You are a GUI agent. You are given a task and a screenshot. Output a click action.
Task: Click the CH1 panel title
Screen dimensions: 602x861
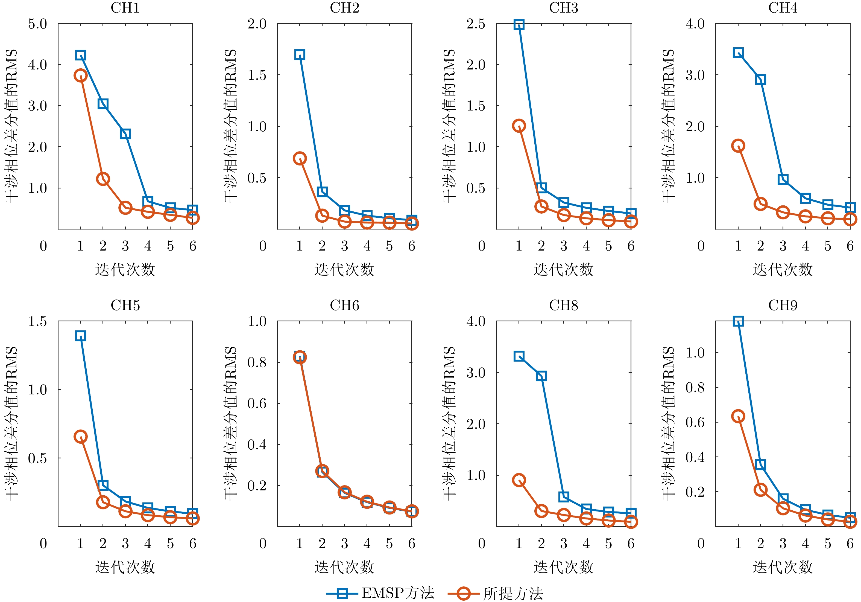point(125,8)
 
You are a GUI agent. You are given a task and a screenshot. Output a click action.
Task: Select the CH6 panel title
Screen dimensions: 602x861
point(344,306)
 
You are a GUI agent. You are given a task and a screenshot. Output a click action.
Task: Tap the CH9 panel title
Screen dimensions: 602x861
point(783,306)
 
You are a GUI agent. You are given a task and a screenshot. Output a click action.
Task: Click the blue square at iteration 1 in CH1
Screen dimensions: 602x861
point(81,55)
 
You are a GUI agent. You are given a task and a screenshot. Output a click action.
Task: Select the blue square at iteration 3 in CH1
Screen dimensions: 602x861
point(125,134)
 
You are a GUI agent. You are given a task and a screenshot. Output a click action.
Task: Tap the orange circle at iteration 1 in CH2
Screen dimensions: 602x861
point(300,158)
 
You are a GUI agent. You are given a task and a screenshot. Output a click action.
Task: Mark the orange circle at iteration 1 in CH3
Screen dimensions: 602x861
point(519,126)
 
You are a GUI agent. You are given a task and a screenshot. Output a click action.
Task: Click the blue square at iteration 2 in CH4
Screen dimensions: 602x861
point(760,80)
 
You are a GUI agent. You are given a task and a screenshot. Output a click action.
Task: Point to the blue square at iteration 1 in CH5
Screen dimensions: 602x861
point(81,336)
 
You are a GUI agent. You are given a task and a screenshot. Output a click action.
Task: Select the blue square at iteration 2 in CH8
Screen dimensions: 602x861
point(541,376)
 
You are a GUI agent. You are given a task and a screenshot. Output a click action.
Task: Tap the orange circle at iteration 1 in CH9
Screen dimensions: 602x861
point(738,416)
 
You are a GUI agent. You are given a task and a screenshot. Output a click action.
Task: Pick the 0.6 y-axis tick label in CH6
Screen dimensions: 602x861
point(257,403)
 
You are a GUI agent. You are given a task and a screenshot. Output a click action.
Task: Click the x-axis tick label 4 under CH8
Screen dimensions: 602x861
point(586,543)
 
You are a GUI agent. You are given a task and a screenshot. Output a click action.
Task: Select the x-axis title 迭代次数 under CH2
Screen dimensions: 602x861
point(344,269)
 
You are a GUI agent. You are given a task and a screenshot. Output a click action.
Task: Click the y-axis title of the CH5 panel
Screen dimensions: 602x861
point(11,423)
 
